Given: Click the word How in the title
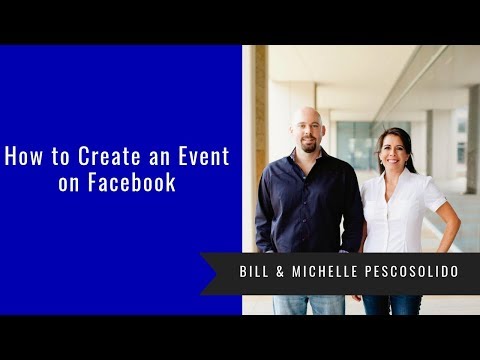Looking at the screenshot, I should pos(24,156).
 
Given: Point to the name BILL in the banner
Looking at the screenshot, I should pos(255,273).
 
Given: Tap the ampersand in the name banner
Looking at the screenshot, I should pos(282,273).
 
